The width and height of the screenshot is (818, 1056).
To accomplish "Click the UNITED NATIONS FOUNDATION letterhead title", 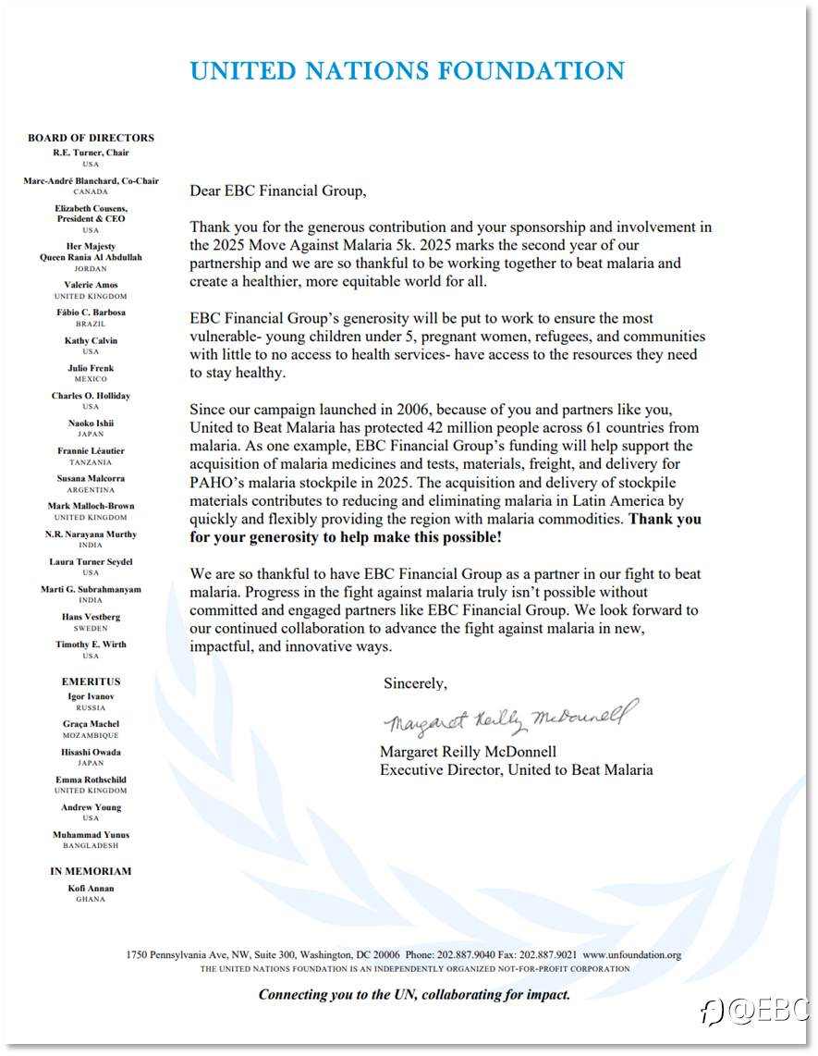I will [407, 71].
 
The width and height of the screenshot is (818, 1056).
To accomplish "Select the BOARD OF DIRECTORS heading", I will [91, 138].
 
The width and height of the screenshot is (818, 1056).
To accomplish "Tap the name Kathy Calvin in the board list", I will [91, 340].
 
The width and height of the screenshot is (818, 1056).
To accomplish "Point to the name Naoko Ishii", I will [91, 424].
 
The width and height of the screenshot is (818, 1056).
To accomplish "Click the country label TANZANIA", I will [91, 462].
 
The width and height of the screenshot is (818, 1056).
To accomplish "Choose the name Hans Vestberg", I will [91, 617].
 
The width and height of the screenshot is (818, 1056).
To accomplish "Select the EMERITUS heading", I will [91, 681].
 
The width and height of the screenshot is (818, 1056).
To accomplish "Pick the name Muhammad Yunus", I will [91, 835].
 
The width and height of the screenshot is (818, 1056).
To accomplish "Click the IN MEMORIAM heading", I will [91, 871].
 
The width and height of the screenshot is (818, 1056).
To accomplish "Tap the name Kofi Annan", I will [91, 889].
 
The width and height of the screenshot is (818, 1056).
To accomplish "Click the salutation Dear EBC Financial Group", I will [278, 191].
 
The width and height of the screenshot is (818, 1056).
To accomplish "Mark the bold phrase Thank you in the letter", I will [665, 519].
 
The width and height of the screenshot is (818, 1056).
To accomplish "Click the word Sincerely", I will [415, 683].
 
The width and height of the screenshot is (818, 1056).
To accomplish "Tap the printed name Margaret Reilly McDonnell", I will [469, 752].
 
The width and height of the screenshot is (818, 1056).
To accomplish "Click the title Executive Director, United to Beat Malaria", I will [516, 769].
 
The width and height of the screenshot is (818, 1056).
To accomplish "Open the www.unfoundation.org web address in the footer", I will [631, 954].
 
